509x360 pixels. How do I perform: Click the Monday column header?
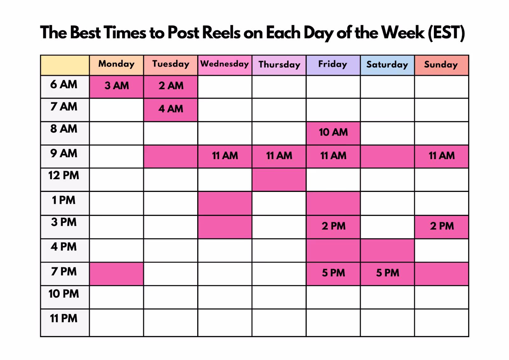click(116, 65)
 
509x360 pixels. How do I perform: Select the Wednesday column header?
click(225, 65)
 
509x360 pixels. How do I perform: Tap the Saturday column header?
click(387, 65)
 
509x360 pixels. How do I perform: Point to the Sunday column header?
click(441, 65)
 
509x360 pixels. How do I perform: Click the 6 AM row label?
click(64, 84)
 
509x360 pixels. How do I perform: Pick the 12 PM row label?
click(64, 175)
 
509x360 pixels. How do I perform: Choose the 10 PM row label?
click(64, 293)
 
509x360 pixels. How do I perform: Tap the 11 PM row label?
click(64, 318)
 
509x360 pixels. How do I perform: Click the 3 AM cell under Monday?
click(116, 87)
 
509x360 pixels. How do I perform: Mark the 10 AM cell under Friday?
click(333, 133)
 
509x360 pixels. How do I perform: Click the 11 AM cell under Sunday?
click(441, 157)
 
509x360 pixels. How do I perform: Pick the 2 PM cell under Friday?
click(333, 227)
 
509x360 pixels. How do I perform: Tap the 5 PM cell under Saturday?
click(387, 274)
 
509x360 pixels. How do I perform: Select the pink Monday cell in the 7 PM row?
click(116, 274)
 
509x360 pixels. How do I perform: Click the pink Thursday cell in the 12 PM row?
click(279, 180)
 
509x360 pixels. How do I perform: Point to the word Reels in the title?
click(221, 32)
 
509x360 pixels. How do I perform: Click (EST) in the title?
click(446, 33)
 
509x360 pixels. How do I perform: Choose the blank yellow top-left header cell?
click(65, 65)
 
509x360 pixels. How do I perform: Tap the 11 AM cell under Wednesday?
click(225, 157)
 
